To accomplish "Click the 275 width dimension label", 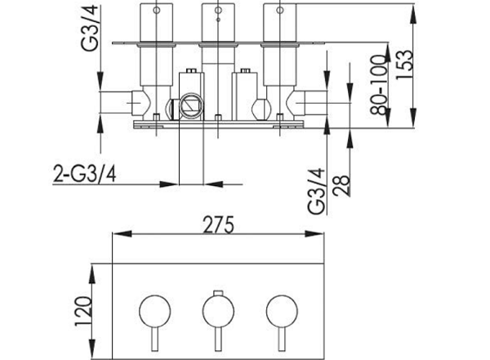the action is point(218,224).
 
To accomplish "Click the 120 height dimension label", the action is point(83,311).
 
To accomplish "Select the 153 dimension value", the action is point(404,64).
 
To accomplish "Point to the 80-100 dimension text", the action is point(379,85).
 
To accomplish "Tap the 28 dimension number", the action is point(341,185).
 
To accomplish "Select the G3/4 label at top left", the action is point(90,28).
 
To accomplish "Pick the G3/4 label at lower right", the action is point(316,191).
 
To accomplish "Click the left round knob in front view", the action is point(155,311).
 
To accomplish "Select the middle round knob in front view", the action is point(218,311).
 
